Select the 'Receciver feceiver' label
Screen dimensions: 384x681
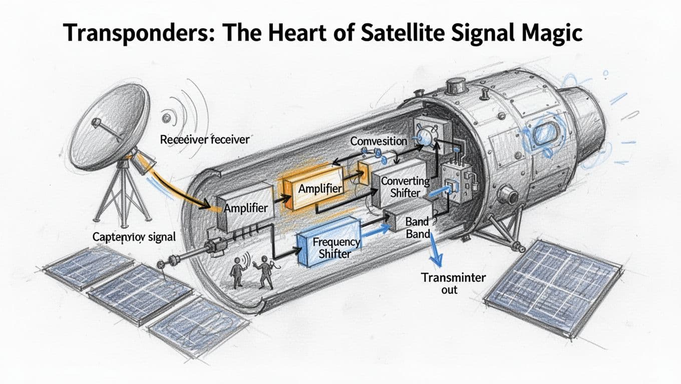[204, 139]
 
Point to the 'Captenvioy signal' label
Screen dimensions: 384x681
[134, 236]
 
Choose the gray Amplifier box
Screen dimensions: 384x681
[246, 208]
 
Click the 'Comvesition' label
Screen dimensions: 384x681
[379, 141]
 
